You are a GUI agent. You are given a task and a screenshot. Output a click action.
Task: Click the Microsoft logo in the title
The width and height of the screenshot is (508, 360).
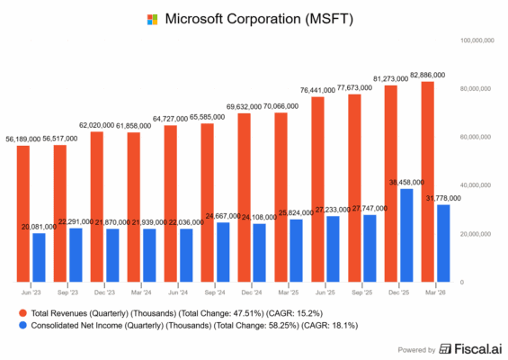coord(152,18)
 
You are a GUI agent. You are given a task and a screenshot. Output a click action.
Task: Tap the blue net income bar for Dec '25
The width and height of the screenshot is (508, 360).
coord(407,235)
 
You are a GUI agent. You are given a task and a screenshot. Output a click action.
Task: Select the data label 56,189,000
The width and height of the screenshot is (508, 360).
coord(24,139)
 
